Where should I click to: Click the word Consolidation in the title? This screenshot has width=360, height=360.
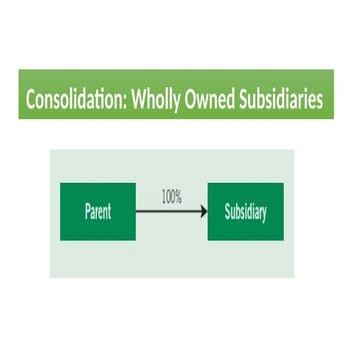(76, 101)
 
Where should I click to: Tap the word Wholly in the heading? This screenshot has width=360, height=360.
(157, 101)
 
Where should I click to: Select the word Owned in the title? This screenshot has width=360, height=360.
(214, 101)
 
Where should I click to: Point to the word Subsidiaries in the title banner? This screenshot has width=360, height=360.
(285, 101)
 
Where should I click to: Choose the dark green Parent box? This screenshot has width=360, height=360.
(98, 211)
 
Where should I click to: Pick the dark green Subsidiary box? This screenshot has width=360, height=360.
(245, 211)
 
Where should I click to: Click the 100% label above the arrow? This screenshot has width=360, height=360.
(171, 197)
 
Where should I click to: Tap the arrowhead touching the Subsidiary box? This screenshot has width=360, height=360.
(203, 211)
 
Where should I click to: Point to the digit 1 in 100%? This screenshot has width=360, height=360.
(163, 197)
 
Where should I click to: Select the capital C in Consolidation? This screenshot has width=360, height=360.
(31, 101)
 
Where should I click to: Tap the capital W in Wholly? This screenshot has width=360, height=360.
(140, 101)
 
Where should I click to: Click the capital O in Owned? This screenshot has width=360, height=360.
(194, 101)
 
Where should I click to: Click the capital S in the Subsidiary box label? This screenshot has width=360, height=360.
(227, 211)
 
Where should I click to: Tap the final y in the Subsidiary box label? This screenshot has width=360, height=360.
(264, 213)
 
